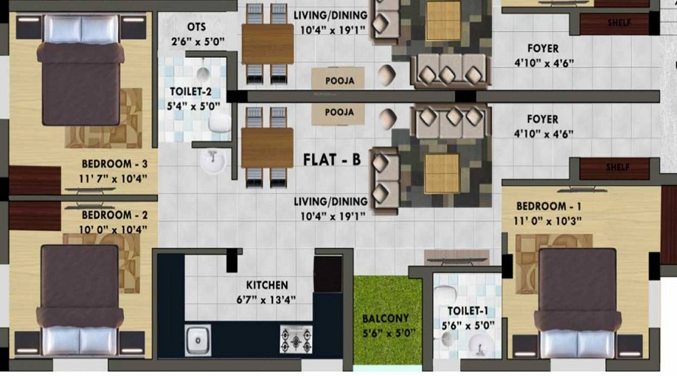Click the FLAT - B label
[332, 159]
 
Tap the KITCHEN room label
[267, 285]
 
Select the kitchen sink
[198, 340]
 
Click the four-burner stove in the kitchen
[296, 339]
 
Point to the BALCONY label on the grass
[386, 319]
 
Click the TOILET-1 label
[468, 311]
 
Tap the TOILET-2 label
[190, 92]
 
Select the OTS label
[196, 27]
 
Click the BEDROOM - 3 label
[114, 164]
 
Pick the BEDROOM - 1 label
[549, 206]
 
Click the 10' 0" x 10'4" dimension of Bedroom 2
[113, 229]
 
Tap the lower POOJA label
[339, 112]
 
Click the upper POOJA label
[340, 80]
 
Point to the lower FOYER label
[542, 119]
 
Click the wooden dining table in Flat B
[267, 148]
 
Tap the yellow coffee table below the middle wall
[442, 173]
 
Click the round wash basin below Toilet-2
[212, 161]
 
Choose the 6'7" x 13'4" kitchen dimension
[266, 299]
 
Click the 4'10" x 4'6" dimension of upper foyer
[544, 63]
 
